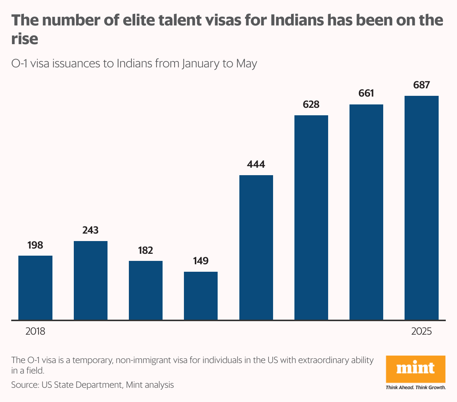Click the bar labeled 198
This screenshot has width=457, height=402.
(x=35, y=287)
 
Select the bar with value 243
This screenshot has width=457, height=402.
(x=91, y=280)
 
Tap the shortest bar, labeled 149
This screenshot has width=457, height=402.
(x=201, y=296)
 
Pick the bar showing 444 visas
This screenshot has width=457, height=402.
(x=256, y=247)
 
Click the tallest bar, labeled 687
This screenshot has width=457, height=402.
(x=421, y=208)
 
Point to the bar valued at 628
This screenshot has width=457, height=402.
(x=311, y=217)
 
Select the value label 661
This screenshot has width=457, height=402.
(x=366, y=93)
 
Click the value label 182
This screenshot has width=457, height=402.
(x=146, y=250)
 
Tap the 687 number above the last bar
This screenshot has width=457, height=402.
(x=421, y=85)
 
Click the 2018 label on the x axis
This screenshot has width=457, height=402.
(x=35, y=331)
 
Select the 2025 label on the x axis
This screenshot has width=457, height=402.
(x=421, y=331)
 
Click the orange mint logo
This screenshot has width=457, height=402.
(x=416, y=369)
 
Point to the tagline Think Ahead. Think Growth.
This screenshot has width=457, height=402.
(x=416, y=387)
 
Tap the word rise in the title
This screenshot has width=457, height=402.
(x=25, y=39)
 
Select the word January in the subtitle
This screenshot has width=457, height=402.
(x=201, y=63)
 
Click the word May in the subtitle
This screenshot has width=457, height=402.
(x=246, y=63)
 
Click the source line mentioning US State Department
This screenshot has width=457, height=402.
(x=93, y=384)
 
